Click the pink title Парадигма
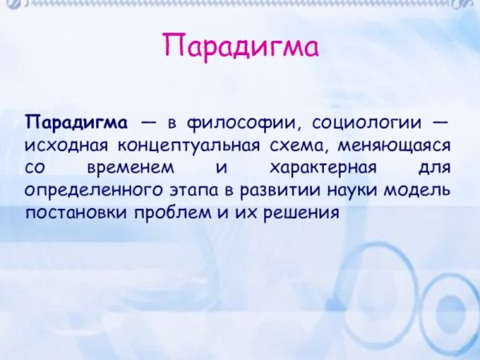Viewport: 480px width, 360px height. point(240,46)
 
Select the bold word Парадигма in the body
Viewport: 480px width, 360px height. point(77,123)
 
